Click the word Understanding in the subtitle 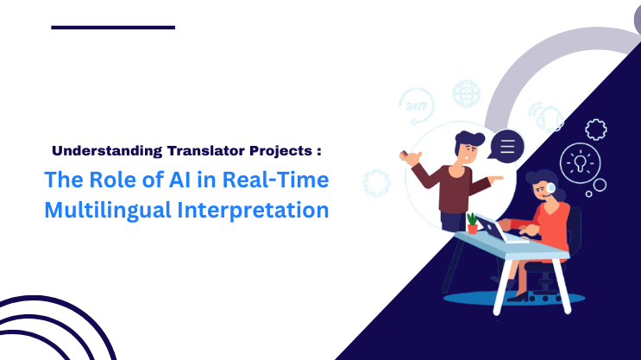pyautogui.click(x=105, y=150)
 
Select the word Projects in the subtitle pyautogui.click(x=281, y=150)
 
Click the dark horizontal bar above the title pyautogui.click(x=113, y=28)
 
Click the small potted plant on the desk pyautogui.click(x=473, y=223)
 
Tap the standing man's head pyautogui.click(x=469, y=147)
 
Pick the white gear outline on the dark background pyautogui.click(x=595, y=129)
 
